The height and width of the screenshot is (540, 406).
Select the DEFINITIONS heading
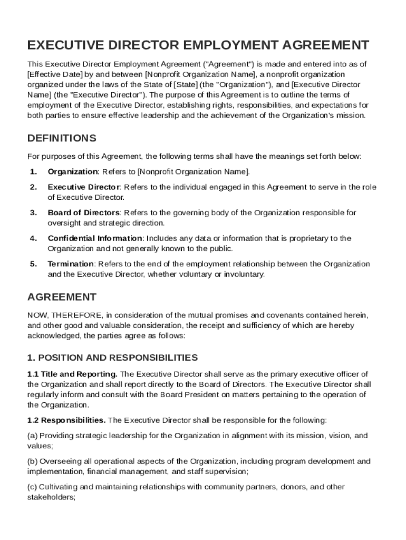coord(62,139)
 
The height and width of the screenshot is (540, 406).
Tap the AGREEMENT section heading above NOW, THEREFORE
coord(62,297)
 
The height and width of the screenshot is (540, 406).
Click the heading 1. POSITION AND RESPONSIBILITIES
coord(112,358)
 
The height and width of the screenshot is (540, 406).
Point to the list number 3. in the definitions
coord(33,213)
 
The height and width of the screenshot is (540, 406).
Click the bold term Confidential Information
coord(95,238)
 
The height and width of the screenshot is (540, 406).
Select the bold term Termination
coord(71,264)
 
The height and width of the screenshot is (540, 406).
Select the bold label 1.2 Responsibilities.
coord(66,420)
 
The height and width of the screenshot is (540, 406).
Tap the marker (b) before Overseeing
coord(32,461)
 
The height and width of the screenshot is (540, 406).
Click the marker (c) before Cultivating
coord(32,487)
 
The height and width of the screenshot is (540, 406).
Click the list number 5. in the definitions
coord(33,264)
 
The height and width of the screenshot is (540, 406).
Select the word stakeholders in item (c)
coord(52,497)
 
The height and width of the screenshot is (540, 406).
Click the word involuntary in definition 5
coord(245,274)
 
